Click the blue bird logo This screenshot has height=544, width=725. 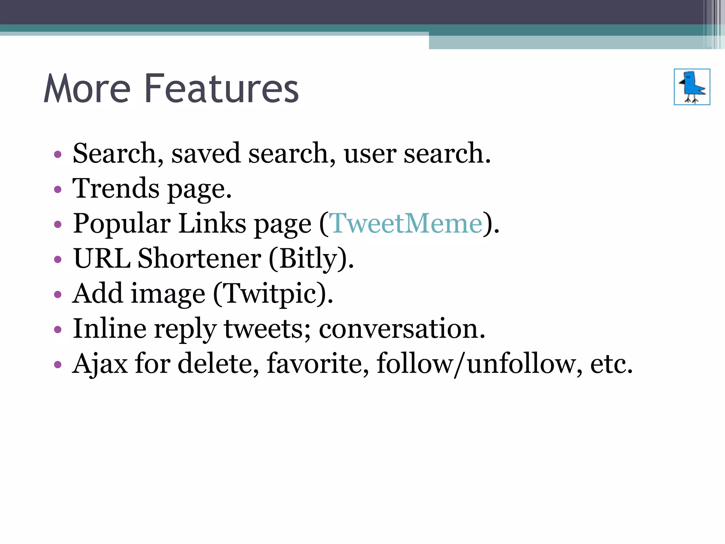[x=692, y=87]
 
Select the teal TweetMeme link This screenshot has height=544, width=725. [x=405, y=223]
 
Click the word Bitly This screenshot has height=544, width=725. [x=308, y=259]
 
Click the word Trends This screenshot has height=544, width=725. [x=116, y=188]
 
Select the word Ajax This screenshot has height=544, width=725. [x=100, y=364]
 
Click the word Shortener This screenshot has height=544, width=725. [x=199, y=259]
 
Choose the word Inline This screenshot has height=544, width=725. [x=109, y=329]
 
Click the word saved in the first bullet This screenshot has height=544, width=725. [x=206, y=153]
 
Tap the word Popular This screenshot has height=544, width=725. [x=122, y=223]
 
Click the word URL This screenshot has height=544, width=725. [x=102, y=259]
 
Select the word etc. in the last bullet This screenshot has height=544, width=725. [x=611, y=364]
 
